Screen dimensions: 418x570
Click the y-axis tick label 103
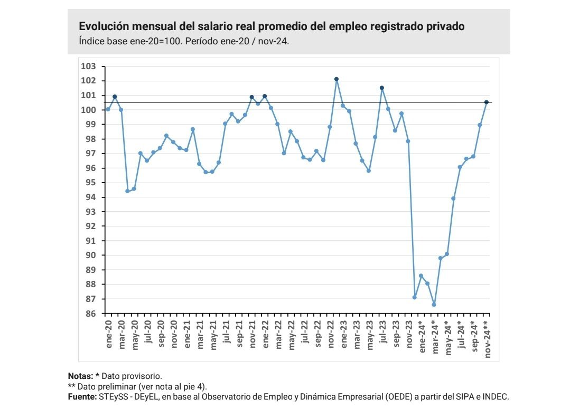tap(89, 66)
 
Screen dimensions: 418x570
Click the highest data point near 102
tap(337, 79)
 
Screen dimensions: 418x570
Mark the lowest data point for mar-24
tap(434, 305)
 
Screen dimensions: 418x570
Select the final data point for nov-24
tap(487, 102)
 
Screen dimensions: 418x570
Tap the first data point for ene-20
tap(108, 109)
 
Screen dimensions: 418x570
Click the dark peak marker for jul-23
tap(382, 88)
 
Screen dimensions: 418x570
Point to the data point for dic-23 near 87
tap(415, 298)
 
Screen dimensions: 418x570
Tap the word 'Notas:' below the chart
tap(80, 376)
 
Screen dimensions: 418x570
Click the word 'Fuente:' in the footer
tap(82, 396)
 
